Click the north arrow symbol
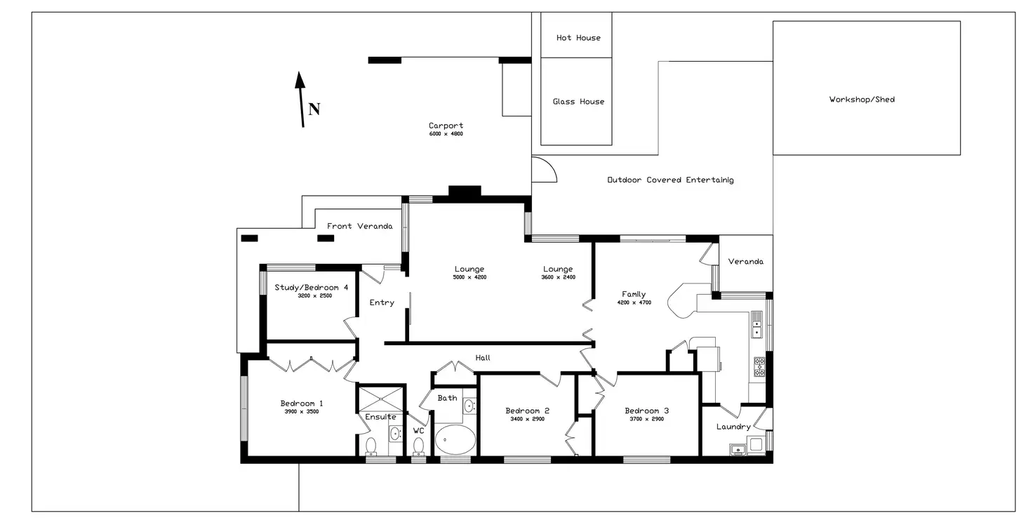(x=301, y=99)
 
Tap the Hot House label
(x=578, y=38)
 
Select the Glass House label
(x=578, y=102)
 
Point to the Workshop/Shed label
(x=862, y=100)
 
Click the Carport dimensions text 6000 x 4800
(x=446, y=134)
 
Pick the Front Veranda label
(x=359, y=226)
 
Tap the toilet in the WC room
(x=419, y=446)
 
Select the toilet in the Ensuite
(x=371, y=446)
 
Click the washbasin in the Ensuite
(x=395, y=433)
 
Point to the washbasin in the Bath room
(x=469, y=406)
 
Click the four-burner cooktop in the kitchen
(x=759, y=367)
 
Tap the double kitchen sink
(x=757, y=324)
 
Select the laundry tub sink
(x=737, y=448)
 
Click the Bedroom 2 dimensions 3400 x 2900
(x=527, y=419)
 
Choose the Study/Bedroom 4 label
(x=312, y=287)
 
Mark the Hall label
(x=483, y=358)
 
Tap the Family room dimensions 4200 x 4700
(x=634, y=303)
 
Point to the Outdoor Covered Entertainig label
(x=670, y=180)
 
